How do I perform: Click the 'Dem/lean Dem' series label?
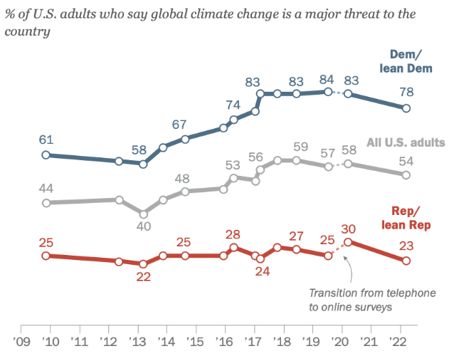click(408, 61)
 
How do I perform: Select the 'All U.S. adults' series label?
click(405, 142)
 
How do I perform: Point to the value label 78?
click(406, 92)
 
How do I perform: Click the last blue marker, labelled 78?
click(406, 108)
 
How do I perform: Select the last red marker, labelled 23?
click(406, 261)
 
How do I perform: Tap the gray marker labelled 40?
click(143, 214)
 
